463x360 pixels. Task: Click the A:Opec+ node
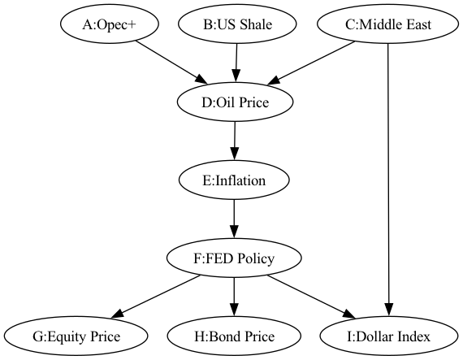click(x=110, y=24)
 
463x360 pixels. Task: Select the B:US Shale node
click(x=237, y=24)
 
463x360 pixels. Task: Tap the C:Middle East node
click(x=387, y=24)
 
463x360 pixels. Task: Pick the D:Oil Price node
click(x=235, y=102)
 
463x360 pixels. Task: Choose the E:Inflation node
click(x=234, y=180)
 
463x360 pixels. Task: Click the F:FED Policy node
click(x=234, y=258)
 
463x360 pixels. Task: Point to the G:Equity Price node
click(x=76, y=336)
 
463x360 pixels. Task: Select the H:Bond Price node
click(x=234, y=336)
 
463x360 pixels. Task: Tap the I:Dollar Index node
click(x=389, y=336)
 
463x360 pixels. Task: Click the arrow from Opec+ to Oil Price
click(x=171, y=63)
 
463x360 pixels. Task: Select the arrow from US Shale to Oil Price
click(x=236, y=63)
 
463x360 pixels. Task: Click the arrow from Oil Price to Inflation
click(x=235, y=141)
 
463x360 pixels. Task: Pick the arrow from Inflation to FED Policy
click(x=234, y=219)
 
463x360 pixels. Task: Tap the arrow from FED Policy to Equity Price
click(x=156, y=297)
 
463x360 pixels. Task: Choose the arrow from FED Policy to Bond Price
click(x=234, y=297)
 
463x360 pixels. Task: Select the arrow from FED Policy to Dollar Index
click(x=312, y=297)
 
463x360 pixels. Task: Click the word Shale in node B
click(x=256, y=24)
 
